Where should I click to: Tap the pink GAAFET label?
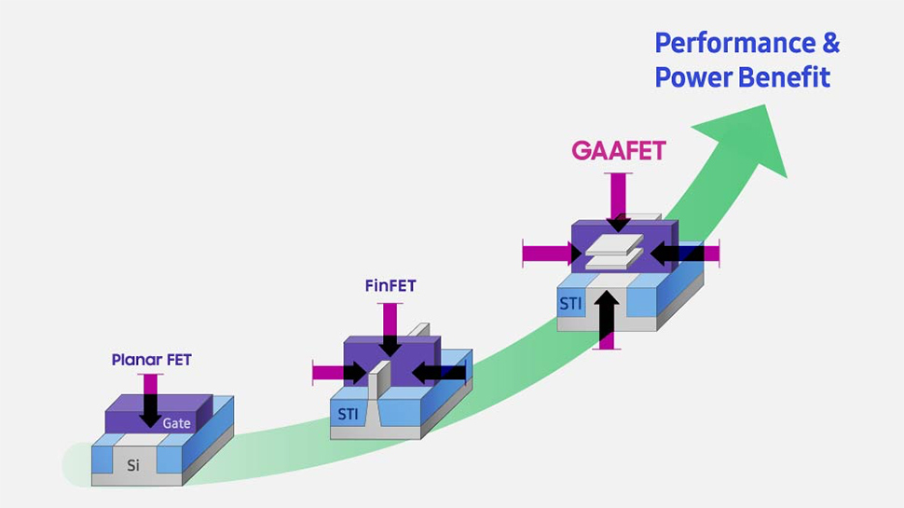(619, 151)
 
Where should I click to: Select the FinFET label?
(390, 286)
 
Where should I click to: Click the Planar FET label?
(152, 360)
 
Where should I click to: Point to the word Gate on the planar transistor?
(176, 423)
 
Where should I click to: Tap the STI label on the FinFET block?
(347, 414)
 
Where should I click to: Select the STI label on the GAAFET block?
(570, 303)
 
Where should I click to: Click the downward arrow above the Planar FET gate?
(150, 400)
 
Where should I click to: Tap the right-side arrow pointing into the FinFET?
(438, 373)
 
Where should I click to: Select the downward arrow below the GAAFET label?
(619, 200)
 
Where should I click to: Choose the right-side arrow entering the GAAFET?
(684, 253)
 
